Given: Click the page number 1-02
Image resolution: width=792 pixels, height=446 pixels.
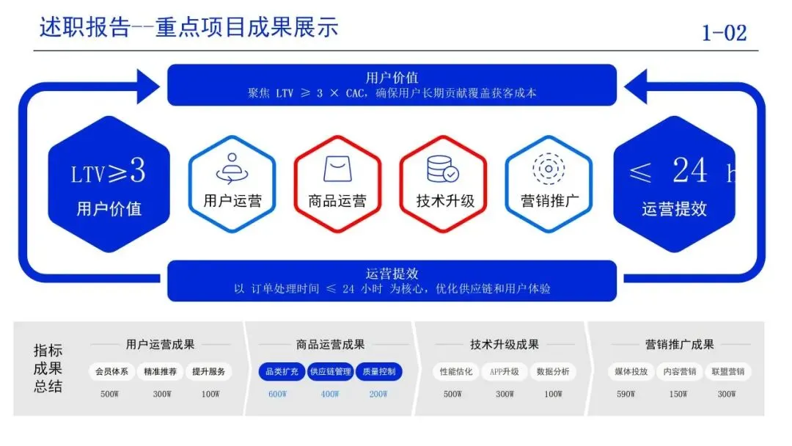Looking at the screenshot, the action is pos(723,32).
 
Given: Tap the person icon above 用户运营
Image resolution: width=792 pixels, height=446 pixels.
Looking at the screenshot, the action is pos(232,168).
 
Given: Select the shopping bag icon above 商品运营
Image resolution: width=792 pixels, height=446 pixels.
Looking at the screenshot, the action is pos(337,169).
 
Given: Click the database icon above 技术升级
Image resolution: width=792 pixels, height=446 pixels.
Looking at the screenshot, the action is pos(443,169).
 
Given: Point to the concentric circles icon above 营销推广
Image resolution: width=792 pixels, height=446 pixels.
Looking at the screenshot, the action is pos(548,168).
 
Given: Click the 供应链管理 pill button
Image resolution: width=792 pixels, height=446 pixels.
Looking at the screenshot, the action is pos(331,372).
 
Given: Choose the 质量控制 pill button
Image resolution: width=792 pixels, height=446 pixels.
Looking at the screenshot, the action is pos(378,372).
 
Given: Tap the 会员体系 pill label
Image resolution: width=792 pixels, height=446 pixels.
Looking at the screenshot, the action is pos(111,372).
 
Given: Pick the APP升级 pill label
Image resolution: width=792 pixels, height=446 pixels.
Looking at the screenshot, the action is pos(505,372).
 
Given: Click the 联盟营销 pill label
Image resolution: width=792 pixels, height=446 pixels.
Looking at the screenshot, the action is pos(726,372).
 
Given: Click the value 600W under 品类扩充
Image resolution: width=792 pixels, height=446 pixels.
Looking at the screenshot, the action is pos(277,394).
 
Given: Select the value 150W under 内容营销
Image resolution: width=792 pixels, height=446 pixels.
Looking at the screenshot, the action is pos(678,394).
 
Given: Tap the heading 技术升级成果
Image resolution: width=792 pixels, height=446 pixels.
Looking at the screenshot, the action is pos(505,344).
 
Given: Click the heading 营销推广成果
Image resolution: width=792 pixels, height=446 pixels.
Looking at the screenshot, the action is pos(679,344).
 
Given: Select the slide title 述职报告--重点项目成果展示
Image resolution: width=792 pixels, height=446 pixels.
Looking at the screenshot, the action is pos(188,28).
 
